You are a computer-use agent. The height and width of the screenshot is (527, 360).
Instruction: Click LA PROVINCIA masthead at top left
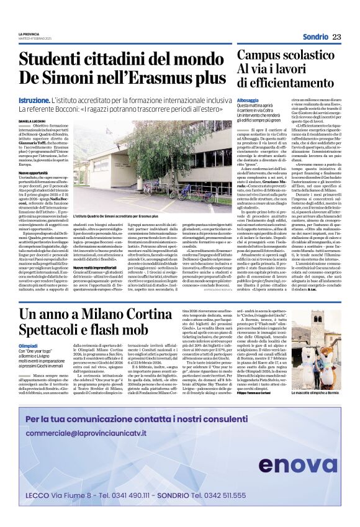(x=29, y=34)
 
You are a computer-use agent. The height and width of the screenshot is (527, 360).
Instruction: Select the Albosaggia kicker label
(x=248, y=100)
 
